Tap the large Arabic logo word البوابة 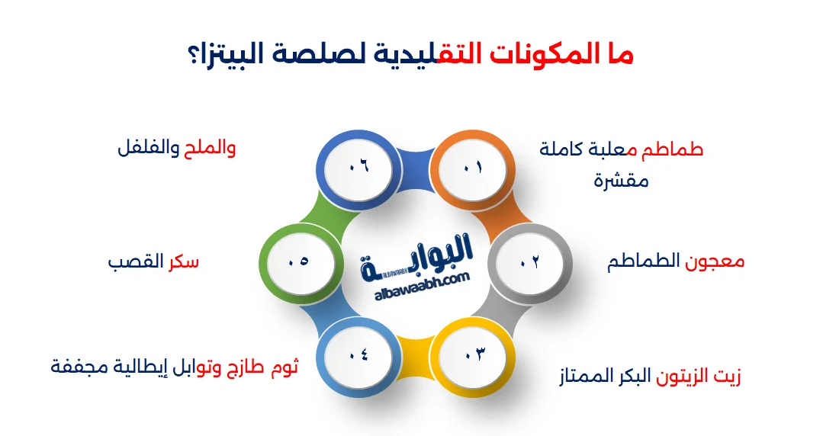(417, 255)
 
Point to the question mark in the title (193, 56)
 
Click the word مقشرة (621, 181)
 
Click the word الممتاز (586, 376)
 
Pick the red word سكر (184, 261)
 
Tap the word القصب (136, 261)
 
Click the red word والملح (210, 148)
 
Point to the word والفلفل (149, 148)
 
